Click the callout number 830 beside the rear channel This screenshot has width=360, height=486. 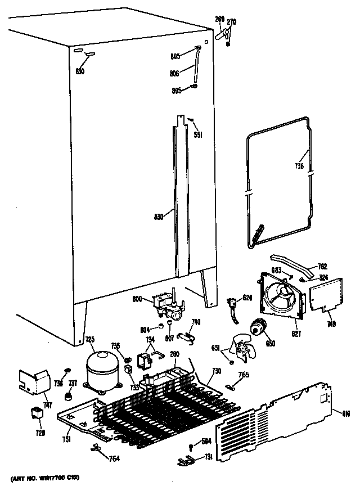pos(158,215)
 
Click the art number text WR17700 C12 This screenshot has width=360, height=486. pos(44,478)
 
